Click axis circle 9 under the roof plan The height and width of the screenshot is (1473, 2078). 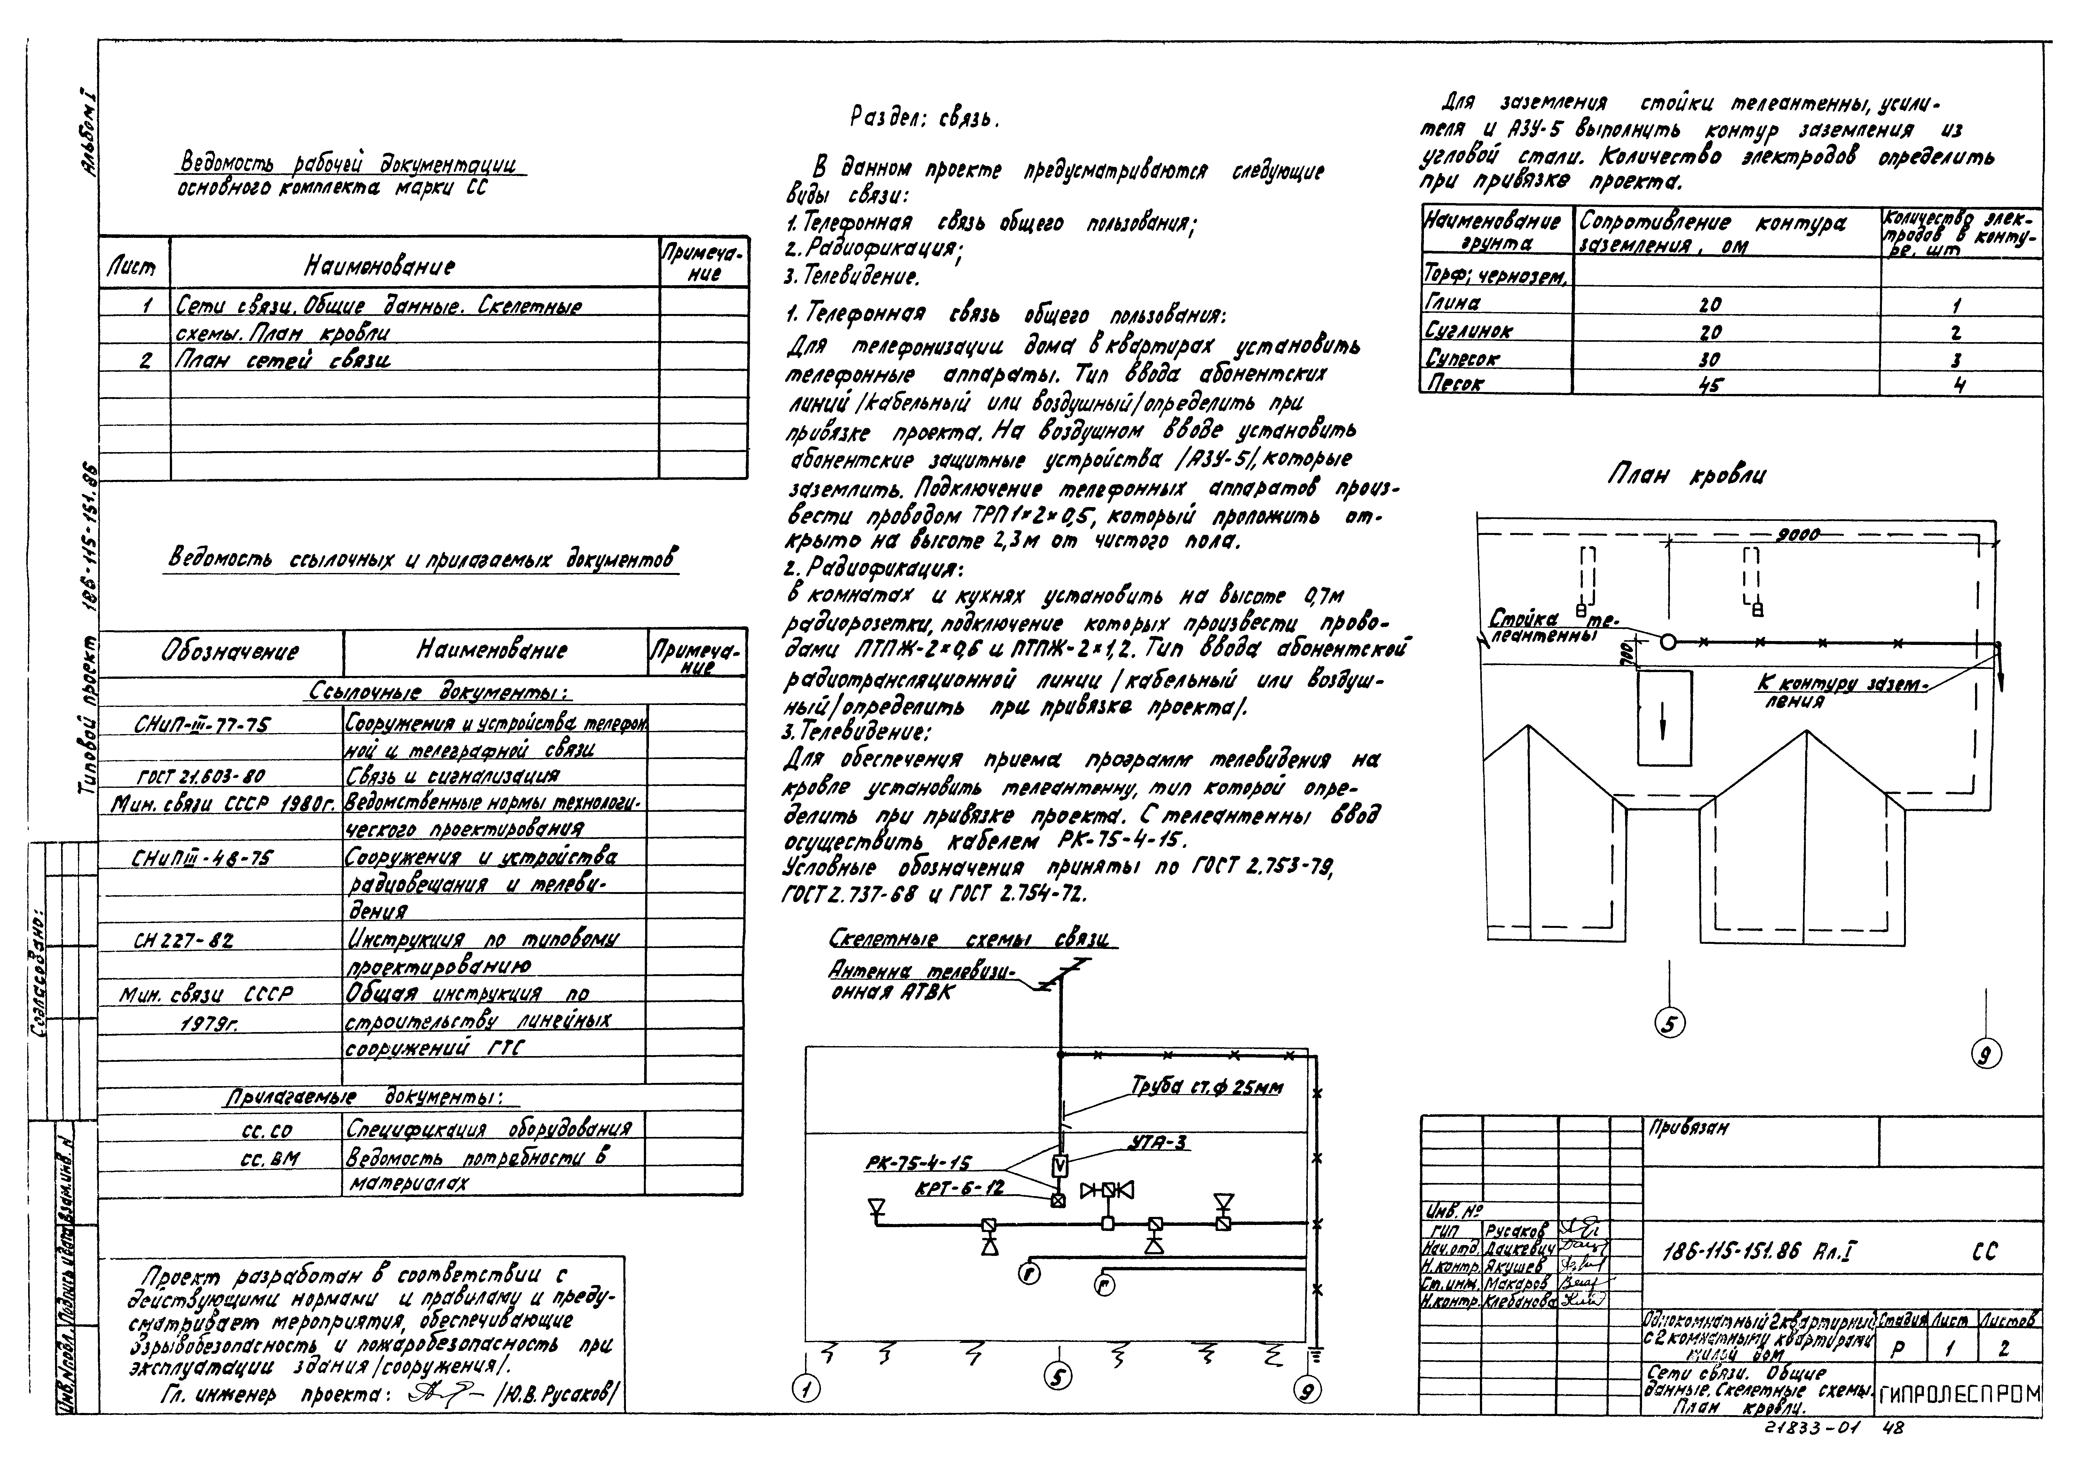(x=1986, y=1054)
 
